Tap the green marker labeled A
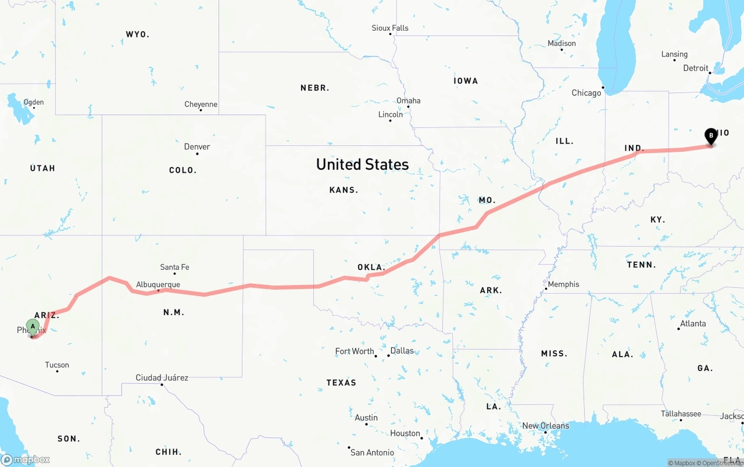pos(33,326)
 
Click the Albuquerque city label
pos(158,284)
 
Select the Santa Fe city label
pos(174,268)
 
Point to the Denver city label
pos(197,147)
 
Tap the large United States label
pos(362,165)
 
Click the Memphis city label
pos(563,284)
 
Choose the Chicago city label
pos(586,93)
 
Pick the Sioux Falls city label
pos(390,28)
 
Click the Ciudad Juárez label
pos(162,377)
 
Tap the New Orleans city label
pos(546,426)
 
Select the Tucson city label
pos(57,365)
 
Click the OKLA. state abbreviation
pos(370,268)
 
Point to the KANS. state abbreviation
pos(344,190)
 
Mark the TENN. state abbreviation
pos(642,265)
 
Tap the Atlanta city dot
pos(678,329)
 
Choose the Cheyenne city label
pos(201,105)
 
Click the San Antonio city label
pos(372,452)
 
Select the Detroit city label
pos(696,68)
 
